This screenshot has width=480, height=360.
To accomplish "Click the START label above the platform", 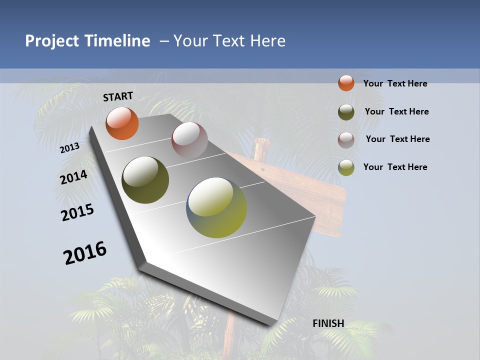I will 118,96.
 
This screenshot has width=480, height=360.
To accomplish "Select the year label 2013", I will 69,147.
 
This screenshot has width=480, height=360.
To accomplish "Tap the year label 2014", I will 73,177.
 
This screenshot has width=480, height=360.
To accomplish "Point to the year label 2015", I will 77,212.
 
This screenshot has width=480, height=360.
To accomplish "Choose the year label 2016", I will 85,252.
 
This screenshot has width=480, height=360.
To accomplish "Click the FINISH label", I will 328,323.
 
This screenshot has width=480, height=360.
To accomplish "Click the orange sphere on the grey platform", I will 122,123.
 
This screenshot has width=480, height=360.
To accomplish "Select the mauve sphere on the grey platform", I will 189,140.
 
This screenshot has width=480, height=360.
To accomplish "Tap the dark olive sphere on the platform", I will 145,180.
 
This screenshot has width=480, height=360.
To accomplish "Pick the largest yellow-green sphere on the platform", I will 216,207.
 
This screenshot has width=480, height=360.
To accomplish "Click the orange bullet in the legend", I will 346,83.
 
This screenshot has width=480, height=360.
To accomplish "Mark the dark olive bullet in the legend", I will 346,112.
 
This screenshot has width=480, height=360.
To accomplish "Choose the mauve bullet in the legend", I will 346,140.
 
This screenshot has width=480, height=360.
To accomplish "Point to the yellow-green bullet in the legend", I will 346,167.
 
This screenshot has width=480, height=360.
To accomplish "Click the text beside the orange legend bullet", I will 395,83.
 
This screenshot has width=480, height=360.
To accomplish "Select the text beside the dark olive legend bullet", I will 396,111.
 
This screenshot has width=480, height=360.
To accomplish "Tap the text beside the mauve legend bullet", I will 397,139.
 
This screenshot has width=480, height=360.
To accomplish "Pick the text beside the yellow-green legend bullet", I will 395,167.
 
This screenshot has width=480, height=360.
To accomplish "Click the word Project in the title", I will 52,41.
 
